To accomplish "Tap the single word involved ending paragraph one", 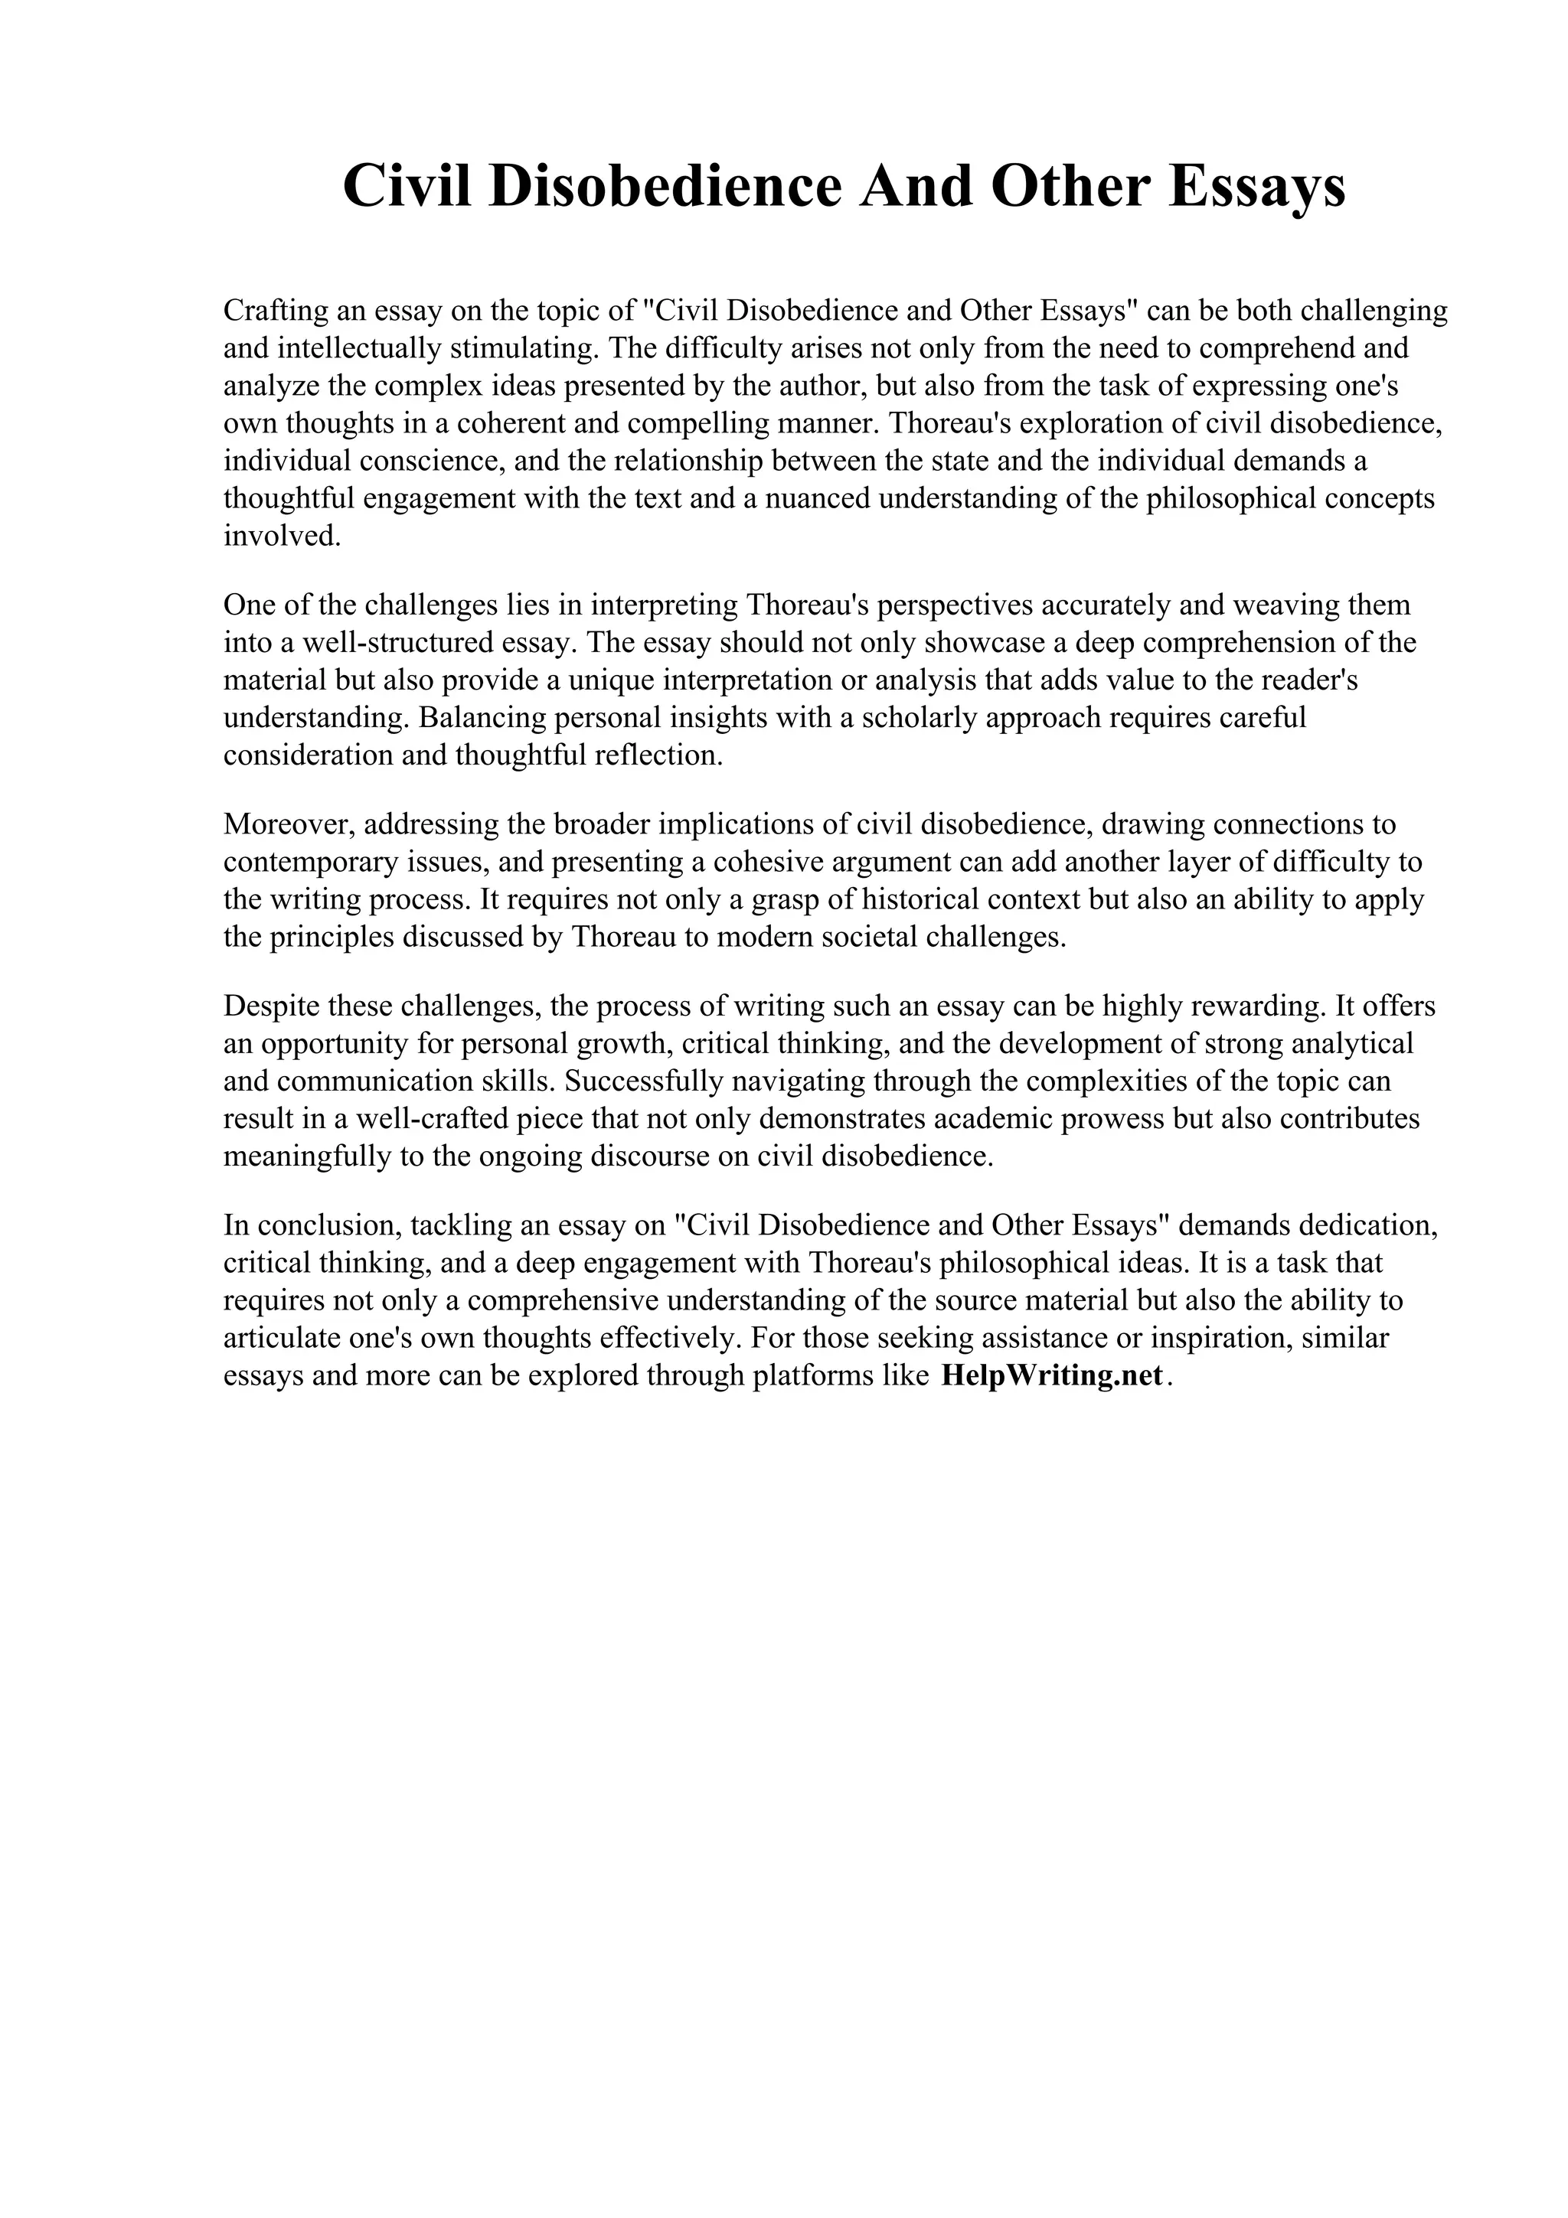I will [282, 537].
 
